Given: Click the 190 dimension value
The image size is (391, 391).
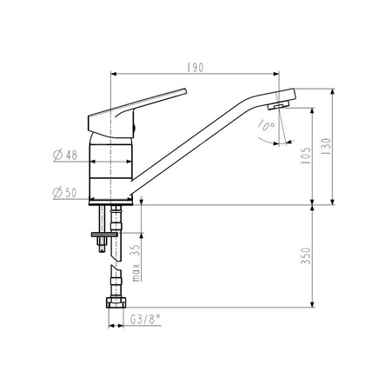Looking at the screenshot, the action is (x=195, y=68).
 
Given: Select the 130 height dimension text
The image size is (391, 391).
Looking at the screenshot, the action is (x=326, y=146).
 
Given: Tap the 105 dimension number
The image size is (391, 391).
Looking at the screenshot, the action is (x=306, y=156).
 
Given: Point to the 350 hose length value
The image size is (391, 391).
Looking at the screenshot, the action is (x=306, y=255).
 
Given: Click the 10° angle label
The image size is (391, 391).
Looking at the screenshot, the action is (x=267, y=125).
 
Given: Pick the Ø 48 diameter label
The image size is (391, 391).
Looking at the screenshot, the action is (x=65, y=156).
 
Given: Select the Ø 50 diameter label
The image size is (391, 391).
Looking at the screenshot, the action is (x=65, y=193).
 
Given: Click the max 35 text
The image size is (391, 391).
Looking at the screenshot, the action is (x=136, y=263).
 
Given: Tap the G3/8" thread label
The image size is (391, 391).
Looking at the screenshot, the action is (x=145, y=320).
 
